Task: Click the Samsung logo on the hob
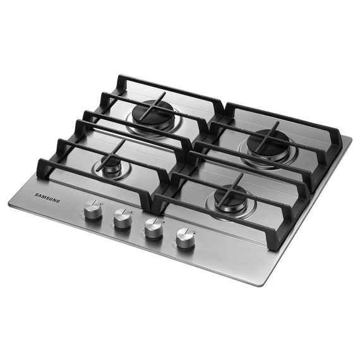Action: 47,198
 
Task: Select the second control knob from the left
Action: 123,218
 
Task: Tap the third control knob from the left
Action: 153,228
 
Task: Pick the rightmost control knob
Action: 185,238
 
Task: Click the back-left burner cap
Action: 152,114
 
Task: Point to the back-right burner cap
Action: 268,141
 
